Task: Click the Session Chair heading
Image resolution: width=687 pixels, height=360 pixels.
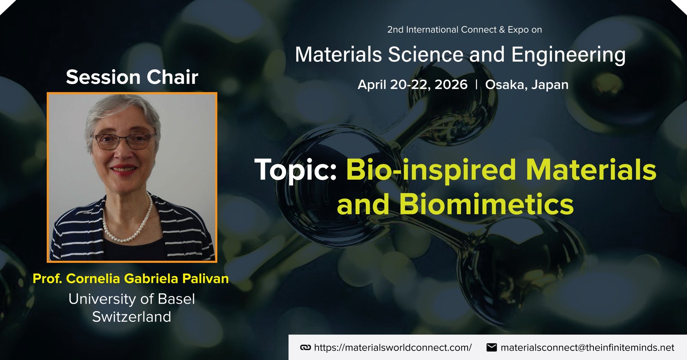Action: tap(132, 77)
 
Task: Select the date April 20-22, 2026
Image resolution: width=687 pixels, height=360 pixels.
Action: tap(413, 85)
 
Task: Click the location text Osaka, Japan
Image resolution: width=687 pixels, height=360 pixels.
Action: tap(526, 85)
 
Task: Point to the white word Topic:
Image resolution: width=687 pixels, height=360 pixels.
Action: tap(295, 170)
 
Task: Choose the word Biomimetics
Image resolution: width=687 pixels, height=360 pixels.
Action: tap(486, 204)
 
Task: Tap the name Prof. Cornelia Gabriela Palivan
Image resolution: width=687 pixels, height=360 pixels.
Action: tap(131, 279)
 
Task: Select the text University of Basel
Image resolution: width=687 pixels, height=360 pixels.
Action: tap(131, 299)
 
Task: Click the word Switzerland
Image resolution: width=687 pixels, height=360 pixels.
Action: tap(131, 317)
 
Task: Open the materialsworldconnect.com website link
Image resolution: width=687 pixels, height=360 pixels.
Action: tap(393, 348)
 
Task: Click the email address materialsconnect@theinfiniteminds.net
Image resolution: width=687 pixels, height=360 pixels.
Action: tap(587, 348)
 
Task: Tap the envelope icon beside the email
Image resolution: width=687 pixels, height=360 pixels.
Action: tap(492, 348)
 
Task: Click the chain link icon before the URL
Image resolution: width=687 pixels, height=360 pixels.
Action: tap(305, 348)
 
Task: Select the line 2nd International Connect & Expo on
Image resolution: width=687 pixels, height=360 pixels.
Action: tap(464, 30)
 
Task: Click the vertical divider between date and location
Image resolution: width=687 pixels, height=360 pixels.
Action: tap(476, 84)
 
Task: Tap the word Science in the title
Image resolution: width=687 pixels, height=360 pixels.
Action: tap(426, 55)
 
